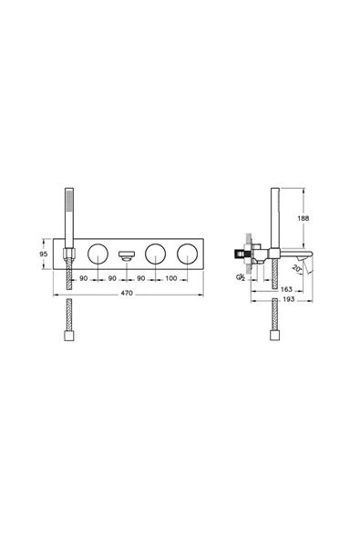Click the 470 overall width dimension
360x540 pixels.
(127, 293)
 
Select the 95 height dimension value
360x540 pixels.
(44, 254)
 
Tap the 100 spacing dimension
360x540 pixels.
(171, 278)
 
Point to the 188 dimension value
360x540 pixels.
(303, 218)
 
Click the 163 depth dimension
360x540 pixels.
(286, 289)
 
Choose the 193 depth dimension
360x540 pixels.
(288, 299)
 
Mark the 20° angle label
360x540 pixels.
(296, 268)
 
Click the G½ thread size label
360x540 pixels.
(241, 277)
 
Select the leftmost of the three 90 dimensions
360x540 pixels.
(83, 278)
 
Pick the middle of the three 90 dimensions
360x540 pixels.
(112, 278)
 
